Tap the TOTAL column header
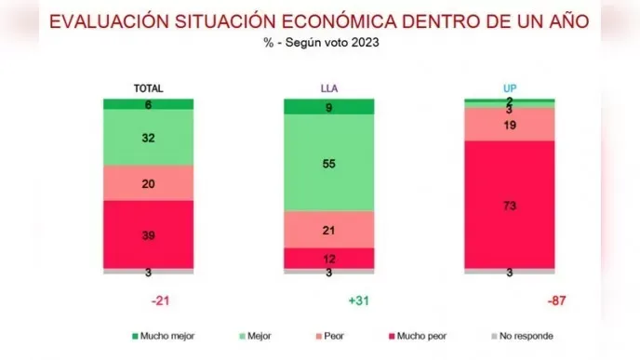148,88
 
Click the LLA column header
328,88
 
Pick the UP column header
509,88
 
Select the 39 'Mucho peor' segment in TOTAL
148,234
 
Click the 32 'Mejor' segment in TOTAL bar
148,138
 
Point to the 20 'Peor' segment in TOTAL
148,183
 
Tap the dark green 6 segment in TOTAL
148,104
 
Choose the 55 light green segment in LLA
328,163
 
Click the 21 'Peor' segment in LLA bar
328,229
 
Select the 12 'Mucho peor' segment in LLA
328,258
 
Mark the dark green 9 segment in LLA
328,106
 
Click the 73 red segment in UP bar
509,205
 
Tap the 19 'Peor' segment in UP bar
509,125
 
